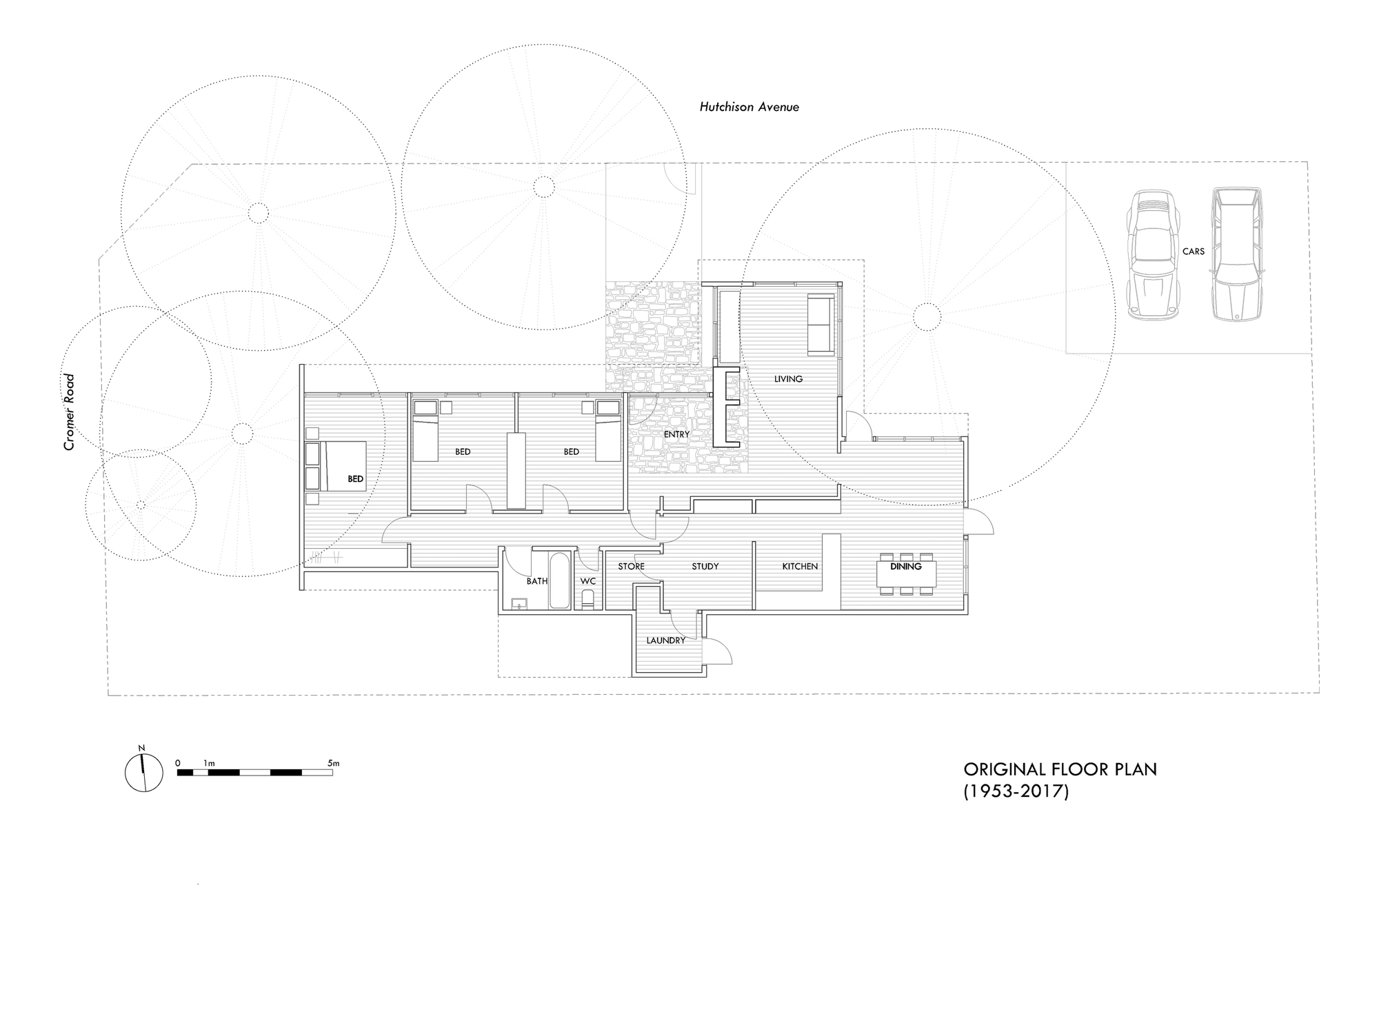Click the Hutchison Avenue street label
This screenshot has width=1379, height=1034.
click(x=749, y=107)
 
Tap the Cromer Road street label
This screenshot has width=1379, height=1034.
click(x=69, y=412)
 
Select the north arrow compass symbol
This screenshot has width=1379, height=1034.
click(x=144, y=772)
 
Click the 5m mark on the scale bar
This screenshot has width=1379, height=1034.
click(x=333, y=763)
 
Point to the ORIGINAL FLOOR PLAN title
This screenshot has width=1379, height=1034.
click(x=1060, y=769)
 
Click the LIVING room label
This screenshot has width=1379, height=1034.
click(x=788, y=378)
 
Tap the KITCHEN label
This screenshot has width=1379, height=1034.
click(x=799, y=566)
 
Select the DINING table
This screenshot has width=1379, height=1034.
click(x=906, y=574)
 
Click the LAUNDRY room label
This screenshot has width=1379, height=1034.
click(x=665, y=640)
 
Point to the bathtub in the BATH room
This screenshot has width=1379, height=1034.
click(x=559, y=580)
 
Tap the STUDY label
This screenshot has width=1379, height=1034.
click(x=705, y=566)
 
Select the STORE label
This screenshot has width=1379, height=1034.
click(x=631, y=566)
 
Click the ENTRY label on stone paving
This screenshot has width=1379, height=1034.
click(x=676, y=434)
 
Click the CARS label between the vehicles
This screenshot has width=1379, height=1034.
click(x=1193, y=252)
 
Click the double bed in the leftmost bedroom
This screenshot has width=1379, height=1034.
click(x=344, y=466)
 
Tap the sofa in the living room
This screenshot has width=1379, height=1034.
click(x=821, y=323)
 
